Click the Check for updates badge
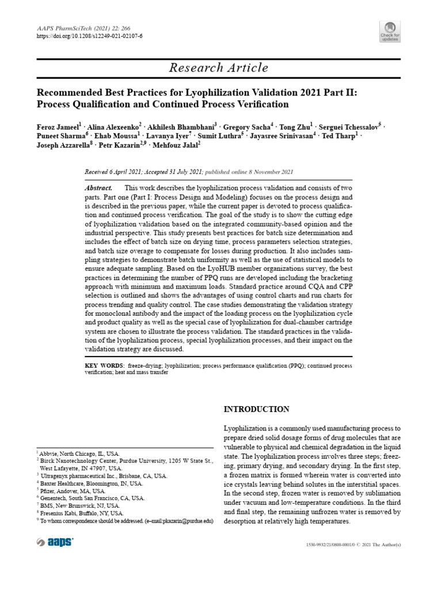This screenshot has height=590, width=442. pos(390,32)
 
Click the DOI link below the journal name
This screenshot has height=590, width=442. pos(89,36)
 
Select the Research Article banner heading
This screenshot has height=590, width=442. pos(219,68)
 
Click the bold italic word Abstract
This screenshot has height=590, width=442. pos(98,188)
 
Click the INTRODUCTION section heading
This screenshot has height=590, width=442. pos(256,410)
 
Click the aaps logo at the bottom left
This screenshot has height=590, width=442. pos(55,542)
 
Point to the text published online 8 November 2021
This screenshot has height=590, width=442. pos(249,172)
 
